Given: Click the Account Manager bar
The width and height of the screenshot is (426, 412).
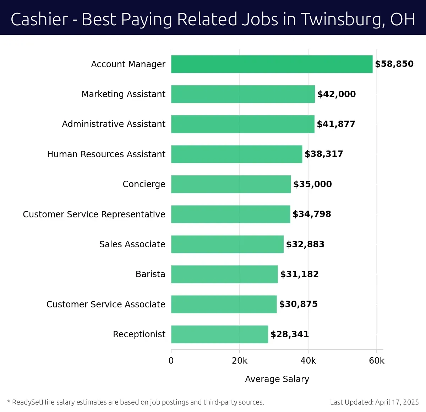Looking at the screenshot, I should click(272, 64).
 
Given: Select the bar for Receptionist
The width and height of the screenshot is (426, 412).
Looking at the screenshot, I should click(219, 334).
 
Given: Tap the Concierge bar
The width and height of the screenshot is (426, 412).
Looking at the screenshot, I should click(231, 184).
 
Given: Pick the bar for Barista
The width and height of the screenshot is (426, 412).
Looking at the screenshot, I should click(224, 274).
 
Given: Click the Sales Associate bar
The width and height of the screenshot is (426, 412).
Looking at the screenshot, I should click(227, 244).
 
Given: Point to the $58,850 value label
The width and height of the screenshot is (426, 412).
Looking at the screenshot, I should click(394, 64).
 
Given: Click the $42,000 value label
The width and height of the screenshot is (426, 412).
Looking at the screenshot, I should click(336, 94).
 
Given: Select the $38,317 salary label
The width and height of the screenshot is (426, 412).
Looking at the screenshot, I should click(324, 154).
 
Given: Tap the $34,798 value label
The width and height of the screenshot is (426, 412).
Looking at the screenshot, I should click(312, 214).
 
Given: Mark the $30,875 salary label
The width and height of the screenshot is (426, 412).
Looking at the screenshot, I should click(298, 304).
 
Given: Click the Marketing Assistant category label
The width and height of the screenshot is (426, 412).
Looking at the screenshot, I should click(123, 94).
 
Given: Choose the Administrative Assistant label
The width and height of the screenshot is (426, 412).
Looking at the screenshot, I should click(114, 124).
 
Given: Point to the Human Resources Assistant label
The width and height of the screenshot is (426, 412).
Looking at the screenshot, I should click(106, 154).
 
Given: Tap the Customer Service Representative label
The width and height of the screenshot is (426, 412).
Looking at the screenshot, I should click(94, 214).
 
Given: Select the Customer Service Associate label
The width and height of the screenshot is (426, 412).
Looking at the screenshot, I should click(106, 305).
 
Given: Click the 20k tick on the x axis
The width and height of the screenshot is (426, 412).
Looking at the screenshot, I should click(240, 361).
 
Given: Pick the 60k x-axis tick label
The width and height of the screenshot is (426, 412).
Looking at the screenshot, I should click(377, 361).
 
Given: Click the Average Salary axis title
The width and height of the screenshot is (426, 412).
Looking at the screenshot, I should click(277, 379).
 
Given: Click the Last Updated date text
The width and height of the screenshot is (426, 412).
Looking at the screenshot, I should click(374, 402).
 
